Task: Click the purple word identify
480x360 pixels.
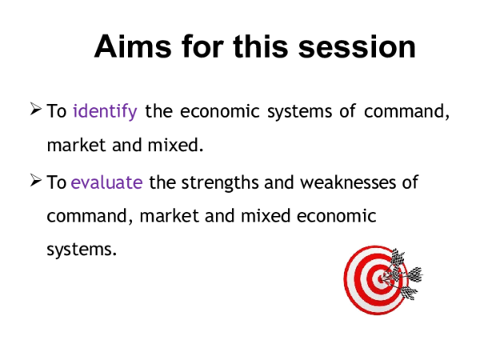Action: [x=105, y=111]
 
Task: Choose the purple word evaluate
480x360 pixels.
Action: [x=107, y=182]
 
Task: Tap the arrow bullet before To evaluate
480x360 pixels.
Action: [x=35, y=182]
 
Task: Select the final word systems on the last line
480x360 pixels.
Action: [x=81, y=250]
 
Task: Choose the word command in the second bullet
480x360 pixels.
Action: [x=85, y=216]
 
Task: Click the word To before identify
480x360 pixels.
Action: [x=57, y=111]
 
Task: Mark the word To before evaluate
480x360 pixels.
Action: [x=57, y=182]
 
